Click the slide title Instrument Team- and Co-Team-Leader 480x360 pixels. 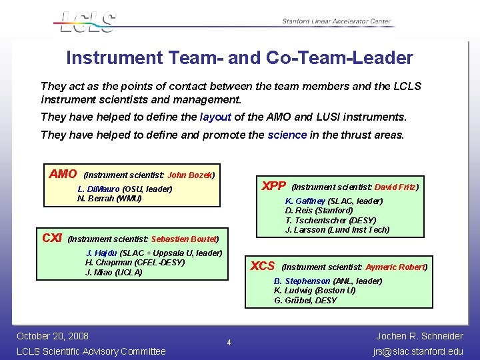tap(239, 58)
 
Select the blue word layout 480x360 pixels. tap(215, 117)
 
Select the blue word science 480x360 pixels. tap(287, 135)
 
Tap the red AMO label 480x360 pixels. tap(63, 174)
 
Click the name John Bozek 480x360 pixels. tap(189, 175)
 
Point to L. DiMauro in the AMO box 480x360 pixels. tap(99, 189)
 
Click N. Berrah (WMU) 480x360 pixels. tap(109, 199)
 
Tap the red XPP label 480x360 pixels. tap(273, 186)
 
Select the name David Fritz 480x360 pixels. tap(395, 187)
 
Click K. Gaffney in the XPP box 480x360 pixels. tap(306, 201)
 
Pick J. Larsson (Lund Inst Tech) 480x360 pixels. tap(337, 230)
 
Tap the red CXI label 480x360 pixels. tap(52, 238)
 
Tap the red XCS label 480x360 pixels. tap(262, 266)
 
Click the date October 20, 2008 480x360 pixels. tap(53, 335)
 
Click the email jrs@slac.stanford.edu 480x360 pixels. tap(419, 351)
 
